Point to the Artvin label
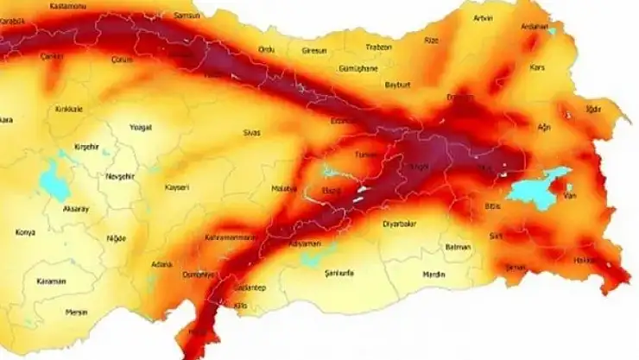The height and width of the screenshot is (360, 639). (x=484, y=17)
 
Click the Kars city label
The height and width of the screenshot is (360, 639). (x=538, y=66)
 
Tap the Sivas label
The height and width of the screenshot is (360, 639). (x=275, y=134)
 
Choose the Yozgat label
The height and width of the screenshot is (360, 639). (x=140, y=127)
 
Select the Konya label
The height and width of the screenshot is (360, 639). (x=26, y=232)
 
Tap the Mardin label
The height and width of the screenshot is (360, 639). (x=436, y=275)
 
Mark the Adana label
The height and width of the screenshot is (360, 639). (x=161, y=264)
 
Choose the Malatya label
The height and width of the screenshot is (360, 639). (x=284, y=187)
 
